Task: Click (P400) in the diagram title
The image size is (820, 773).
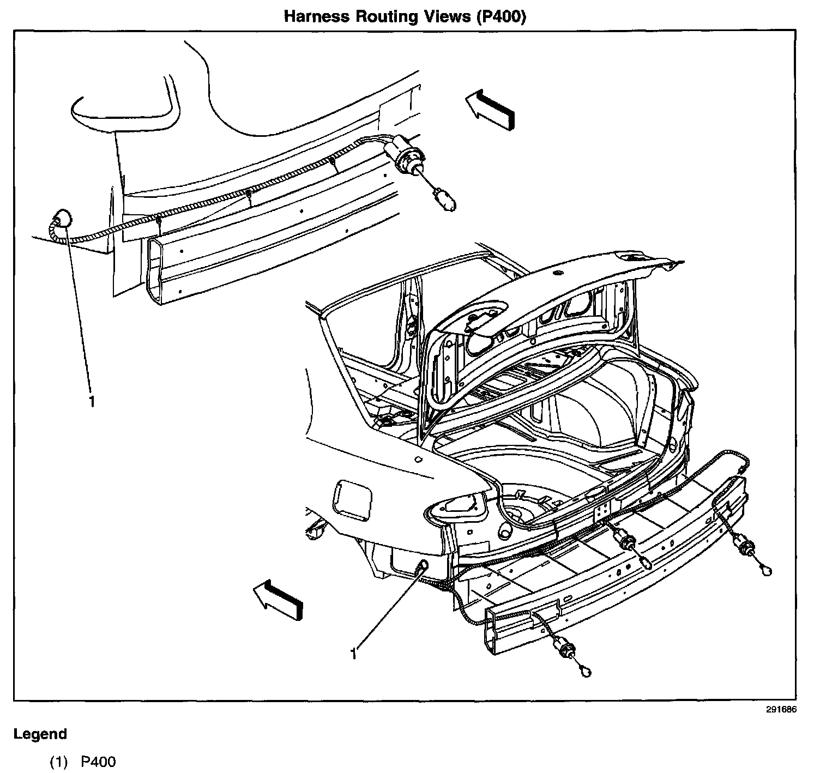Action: point(501,16)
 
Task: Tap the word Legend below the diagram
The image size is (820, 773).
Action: point(40,734)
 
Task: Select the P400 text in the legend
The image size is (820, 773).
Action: point(99,762)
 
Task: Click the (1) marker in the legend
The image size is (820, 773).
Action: point(58,762)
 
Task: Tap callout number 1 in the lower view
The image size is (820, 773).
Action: point(354,653)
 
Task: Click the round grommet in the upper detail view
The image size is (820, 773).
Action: point(62,218)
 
